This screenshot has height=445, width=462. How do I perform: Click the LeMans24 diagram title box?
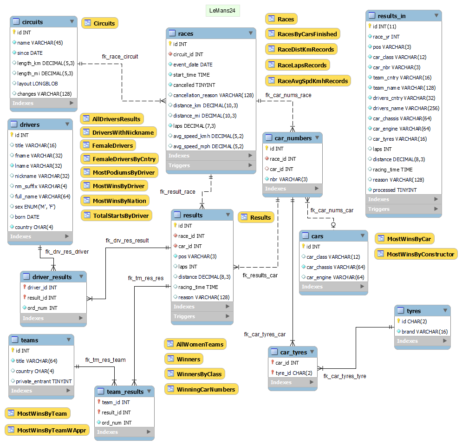point(222,11)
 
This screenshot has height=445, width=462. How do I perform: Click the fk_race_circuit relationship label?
point(120,56)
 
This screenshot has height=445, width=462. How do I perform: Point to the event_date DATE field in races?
point(193,65)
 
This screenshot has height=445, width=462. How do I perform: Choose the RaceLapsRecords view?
point(297,65)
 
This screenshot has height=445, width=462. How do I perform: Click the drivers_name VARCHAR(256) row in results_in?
point(400,108)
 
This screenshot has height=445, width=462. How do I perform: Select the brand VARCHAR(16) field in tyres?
point(424,332)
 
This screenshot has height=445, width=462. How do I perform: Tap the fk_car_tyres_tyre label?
point(345,376)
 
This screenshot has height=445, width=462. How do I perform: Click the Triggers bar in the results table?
point(202,316)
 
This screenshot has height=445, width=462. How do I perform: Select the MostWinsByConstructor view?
point(416,254)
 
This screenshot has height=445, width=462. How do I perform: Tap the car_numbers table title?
point(293,138)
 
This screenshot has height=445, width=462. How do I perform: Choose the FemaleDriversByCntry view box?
point(119,159)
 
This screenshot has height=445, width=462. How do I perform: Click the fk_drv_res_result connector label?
point(127,241)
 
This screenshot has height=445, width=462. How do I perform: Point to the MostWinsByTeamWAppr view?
point(46,430)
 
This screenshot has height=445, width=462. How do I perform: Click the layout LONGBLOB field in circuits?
point(37,84)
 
